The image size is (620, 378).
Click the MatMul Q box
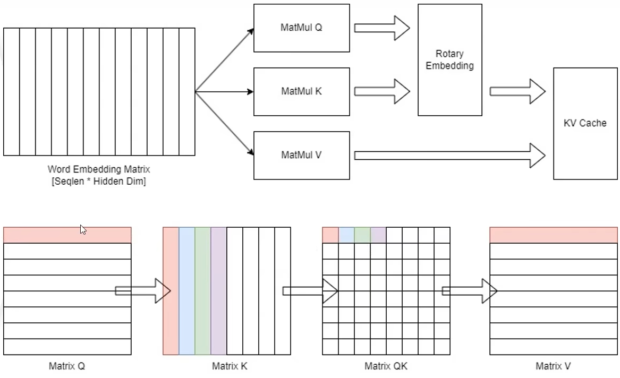[301, 28]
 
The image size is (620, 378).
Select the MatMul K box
[301, 92]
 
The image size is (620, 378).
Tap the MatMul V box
[301, 156]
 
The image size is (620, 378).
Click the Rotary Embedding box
[449, 60]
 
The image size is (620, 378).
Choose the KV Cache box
[584, 123]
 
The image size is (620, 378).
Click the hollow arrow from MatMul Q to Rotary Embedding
[381, 28]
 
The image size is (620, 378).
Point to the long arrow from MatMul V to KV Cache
[449, 155]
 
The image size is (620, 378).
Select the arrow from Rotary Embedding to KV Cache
[517, 91]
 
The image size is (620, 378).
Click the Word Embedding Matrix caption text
[99, 170]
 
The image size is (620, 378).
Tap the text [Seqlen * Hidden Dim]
[99, 182]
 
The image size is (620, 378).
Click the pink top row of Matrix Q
[67, 235]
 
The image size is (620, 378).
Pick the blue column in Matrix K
[187, 291]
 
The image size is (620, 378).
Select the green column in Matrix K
[203, 291]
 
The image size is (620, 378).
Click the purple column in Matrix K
[219, 291]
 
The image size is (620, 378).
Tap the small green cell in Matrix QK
[362, 235]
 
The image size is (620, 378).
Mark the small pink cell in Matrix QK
[330, 235]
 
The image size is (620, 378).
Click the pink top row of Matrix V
[553, 235]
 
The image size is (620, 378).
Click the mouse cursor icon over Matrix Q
[83, 229]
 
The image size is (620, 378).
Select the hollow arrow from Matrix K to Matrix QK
[310, 290]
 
